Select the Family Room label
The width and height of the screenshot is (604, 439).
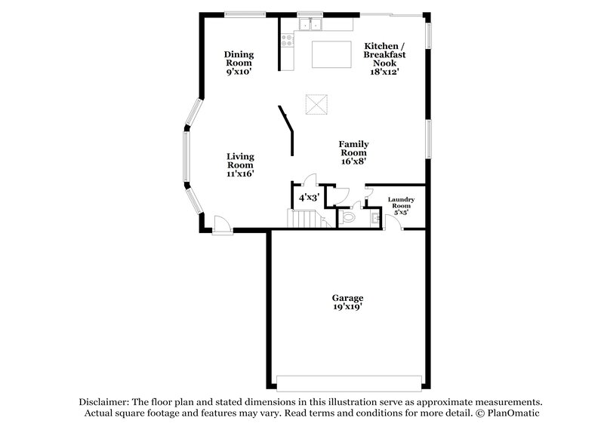tap(353, 152)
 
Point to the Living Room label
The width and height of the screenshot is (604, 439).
tap(240, 164)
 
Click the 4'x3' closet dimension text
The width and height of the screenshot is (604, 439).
tap(309, 198)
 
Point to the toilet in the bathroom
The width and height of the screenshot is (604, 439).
tap(347, 217)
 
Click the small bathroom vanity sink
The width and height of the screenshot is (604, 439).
tap(375, 219)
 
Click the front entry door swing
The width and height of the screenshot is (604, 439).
tap(223, 224)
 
